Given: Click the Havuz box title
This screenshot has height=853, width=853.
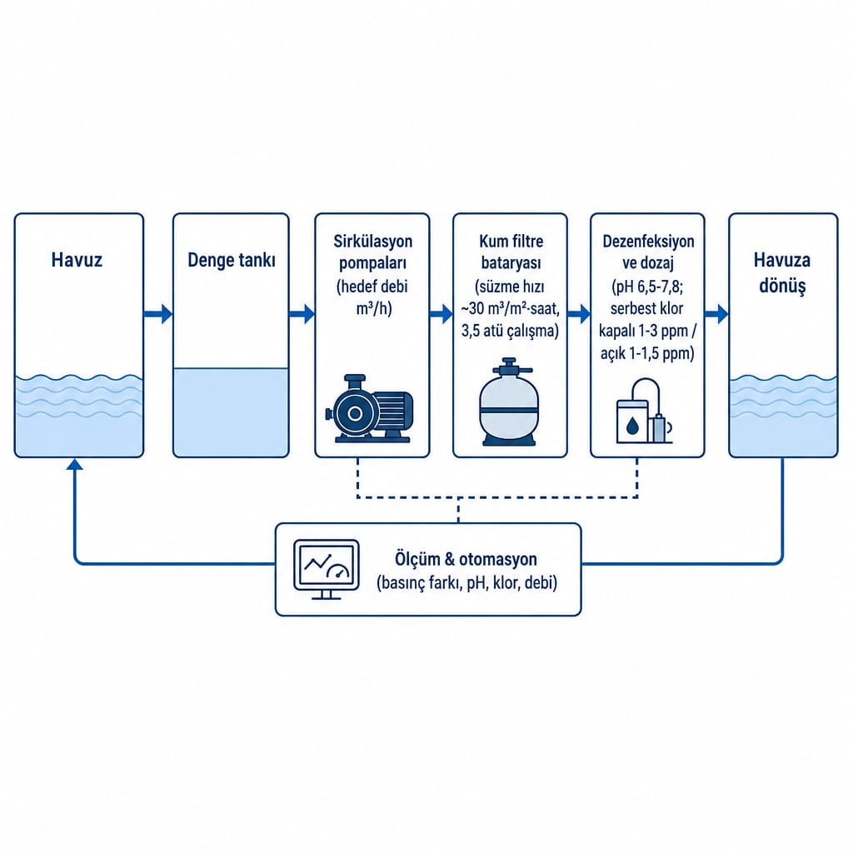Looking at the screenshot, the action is click(x=77, y=260).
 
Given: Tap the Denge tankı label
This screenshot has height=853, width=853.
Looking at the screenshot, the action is click(x=232, y=260).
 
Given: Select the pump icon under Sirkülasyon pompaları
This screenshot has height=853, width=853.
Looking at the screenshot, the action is click(x=369, y=408).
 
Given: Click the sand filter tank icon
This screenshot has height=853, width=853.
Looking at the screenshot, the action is click(x=510, y=402).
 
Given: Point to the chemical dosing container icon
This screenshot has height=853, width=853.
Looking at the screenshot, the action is click(x=644, y=412).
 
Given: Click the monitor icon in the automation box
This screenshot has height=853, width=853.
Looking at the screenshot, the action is click(x=327, y=569).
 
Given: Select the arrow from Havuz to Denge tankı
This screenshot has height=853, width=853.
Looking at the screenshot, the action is click(x=158, y=314).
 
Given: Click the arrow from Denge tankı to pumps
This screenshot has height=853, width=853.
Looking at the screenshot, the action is click(x=302, y=314).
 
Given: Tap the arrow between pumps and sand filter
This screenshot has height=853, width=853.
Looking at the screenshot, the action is click(x=441, y=314).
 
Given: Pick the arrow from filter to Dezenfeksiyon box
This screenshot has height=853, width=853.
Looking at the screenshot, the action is click(x=579, y=314).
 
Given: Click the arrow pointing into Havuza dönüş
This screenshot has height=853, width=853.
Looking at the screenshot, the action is click(x=716, y=314).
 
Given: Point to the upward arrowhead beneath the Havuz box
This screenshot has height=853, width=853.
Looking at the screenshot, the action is click(x=74, y=464).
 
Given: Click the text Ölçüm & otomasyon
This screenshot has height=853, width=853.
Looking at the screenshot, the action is click(x=466, y=559).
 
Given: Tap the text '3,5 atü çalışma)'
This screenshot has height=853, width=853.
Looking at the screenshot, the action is click(x=511, y=331).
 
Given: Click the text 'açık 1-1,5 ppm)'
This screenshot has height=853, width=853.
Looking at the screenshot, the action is click(x=647, y=353).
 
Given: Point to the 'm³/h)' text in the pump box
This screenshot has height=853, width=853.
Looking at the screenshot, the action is click(x=374, y=308).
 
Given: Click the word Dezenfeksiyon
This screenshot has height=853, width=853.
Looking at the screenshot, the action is click(x=648, y=242).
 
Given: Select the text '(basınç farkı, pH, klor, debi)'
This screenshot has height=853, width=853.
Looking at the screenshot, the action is click(x=466, y=583).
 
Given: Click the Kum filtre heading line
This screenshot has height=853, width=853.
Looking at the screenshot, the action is click(x=511, y=241).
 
